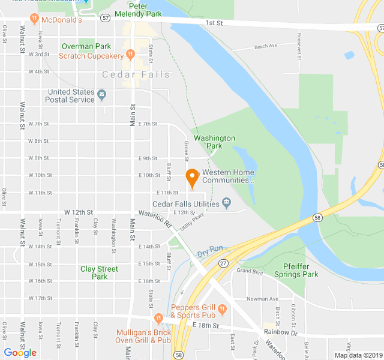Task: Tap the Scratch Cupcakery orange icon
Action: click(x=129, y=56)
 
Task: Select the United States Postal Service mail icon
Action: click(x=101, y=95)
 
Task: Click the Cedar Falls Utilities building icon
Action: click(x=226, y=203)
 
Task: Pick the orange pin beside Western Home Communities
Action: click(x=192, y=178)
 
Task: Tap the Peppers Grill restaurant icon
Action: click(x=222, y=310)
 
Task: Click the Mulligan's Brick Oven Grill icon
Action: click(x=158, y=318)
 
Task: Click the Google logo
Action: click(x=20, y=353)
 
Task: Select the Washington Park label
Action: click(x=214, y=142)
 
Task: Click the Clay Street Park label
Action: click(x=99, y=272)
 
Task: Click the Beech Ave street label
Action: click(x=265, y=46)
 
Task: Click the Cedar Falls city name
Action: click(x=136, y=74)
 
